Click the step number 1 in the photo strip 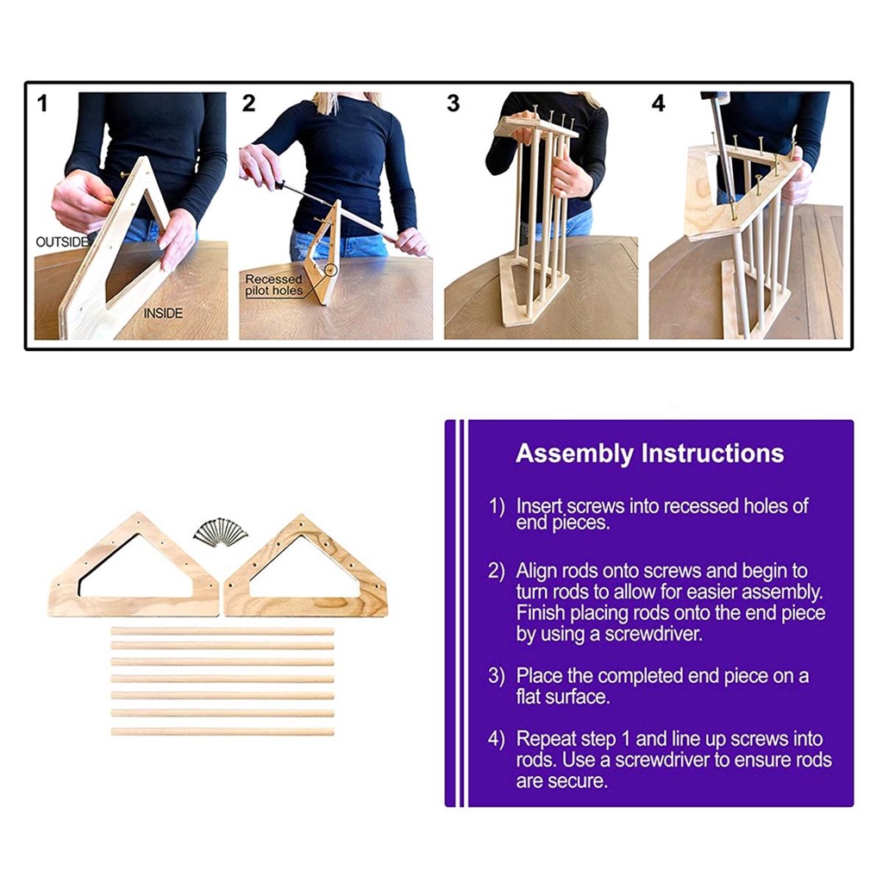(42, 103)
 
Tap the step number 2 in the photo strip (248, 103)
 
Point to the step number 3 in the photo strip (454, 103)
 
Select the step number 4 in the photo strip (658, 103)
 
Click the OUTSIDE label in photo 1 (62, 242)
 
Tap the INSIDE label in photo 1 (163, 313)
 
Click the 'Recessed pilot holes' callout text (273, 285)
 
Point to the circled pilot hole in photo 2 (331, 270)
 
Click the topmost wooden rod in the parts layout (222, 631)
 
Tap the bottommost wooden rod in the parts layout (222, 731)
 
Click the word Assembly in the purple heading (573, 454)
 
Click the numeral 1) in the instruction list (497, 506)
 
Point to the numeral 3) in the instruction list (497, 676)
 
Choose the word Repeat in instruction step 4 (545, 739)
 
